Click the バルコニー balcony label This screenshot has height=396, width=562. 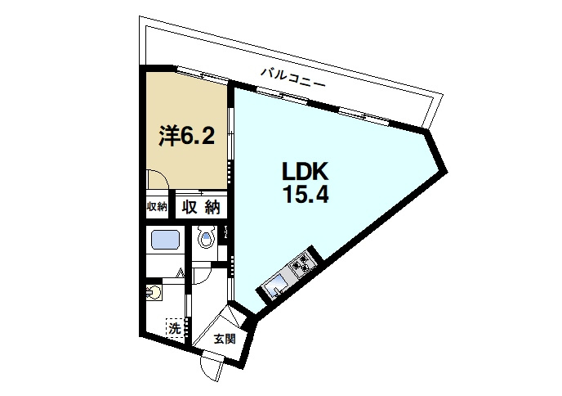pyautogui.click(x=292, y=78)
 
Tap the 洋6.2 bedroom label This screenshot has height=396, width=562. pyautogui.click(x=187, y=136)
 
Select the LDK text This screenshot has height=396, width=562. pyautogui.click(x=306, y=171)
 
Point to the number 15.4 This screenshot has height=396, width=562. pyautogui.click(x=306, y=195)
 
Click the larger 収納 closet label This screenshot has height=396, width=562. pyautogui.click(x=201, y=207)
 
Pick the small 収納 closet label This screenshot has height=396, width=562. pyautogui.click(x=157, y=207)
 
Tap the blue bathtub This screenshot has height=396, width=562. pyautogui.click(x=165, y=240)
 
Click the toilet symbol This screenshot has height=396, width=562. pyautogui.click(x=206, y=237)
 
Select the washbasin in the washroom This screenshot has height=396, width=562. pyautogui.click(x=154, y=293)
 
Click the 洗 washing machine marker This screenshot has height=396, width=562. pyautogui.click(x=175, y=329)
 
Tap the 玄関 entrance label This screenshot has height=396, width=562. pyautogui.click(x=225, y=339)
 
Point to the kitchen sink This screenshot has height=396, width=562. pyautogui.click(x=275, y=286)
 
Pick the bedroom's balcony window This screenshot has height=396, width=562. pyautogui.click(x=203, y=75)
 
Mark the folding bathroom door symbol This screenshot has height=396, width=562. pyautogui.click(x=181, y=273)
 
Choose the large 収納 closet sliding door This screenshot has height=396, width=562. pyautogui.click(x=201, y=193)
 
